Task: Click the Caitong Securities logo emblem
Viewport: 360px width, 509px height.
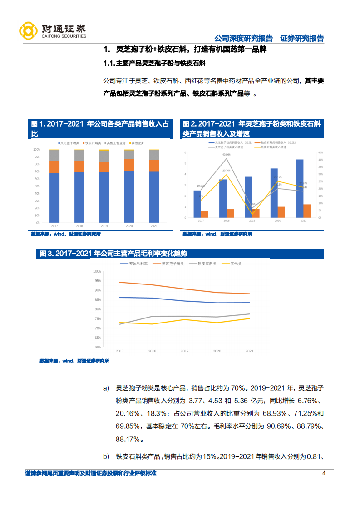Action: coord(28,30)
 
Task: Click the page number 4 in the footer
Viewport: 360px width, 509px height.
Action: coord(324,474)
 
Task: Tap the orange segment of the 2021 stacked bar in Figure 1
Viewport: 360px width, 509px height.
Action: coord(154,166)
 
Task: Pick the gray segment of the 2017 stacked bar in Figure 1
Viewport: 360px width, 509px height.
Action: coord(54,155)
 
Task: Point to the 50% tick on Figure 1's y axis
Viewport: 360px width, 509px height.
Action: coord(36,186)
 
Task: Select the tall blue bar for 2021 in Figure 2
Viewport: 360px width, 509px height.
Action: coord(300,188)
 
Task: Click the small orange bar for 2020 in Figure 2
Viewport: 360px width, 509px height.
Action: coord(281,212)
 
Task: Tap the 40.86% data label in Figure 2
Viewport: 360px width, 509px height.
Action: coord(227,155)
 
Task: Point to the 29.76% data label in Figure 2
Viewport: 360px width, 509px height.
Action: coord(227,171)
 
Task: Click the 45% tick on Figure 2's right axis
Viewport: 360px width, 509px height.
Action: coord(320,152)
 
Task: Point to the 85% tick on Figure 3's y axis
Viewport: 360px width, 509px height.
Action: coord(97,300)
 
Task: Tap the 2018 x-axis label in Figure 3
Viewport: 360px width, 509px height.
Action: coord(152,351)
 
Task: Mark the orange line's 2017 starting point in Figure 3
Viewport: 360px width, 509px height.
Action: coord(120,282)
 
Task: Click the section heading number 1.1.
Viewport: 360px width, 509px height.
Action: coord(109,64)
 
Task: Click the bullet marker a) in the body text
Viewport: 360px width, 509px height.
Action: coord(107,388)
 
